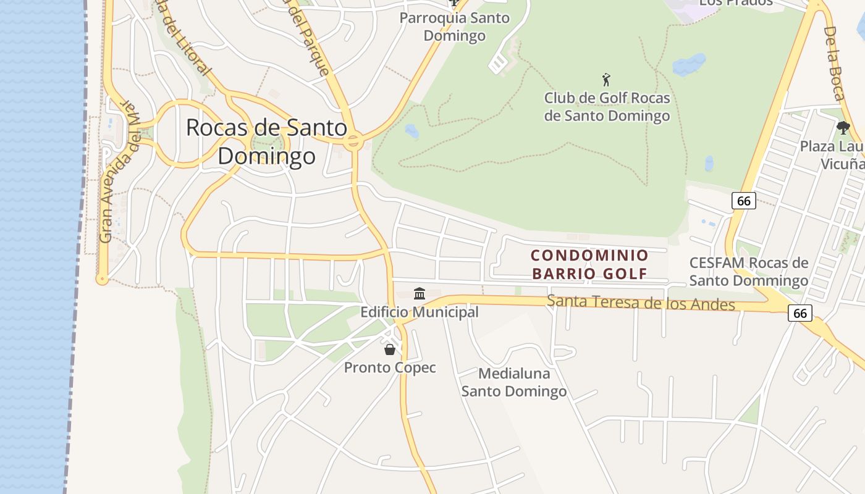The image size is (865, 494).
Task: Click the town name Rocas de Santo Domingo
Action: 267,141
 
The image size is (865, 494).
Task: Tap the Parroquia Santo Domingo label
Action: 455,27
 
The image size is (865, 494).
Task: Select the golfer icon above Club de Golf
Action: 606,80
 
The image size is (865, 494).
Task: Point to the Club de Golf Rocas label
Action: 607,107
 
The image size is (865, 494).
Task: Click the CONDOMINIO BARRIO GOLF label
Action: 589,264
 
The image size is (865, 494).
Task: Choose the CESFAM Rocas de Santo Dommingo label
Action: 749,272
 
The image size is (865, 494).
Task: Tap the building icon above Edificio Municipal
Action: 420,293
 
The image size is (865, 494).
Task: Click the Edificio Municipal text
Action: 420,312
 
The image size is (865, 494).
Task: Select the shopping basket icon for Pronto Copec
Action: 390,350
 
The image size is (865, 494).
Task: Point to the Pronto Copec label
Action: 390,368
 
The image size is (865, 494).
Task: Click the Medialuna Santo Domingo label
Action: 514,382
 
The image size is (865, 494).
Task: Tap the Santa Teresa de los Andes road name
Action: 641,303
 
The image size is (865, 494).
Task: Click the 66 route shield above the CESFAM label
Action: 744,201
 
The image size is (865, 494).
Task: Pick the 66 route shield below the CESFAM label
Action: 800,313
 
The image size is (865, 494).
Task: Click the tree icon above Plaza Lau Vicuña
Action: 843,128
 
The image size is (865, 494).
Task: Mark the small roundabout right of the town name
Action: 353,141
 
